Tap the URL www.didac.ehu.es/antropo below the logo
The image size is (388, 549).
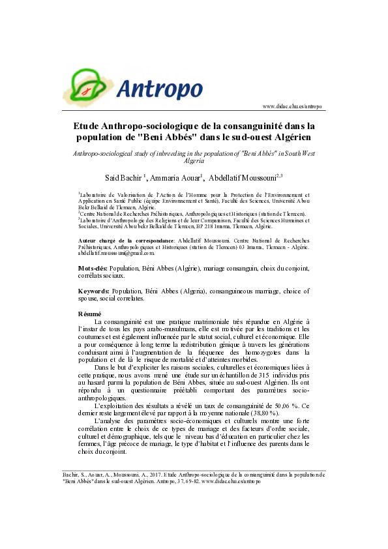(x=292, y=106)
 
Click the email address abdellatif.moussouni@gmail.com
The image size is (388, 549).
(x=112, y=253)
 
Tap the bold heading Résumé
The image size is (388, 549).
(x=89, y=314)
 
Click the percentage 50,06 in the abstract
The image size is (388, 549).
(x=273, y=405)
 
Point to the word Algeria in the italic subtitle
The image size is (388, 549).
(x=194, y=160)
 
